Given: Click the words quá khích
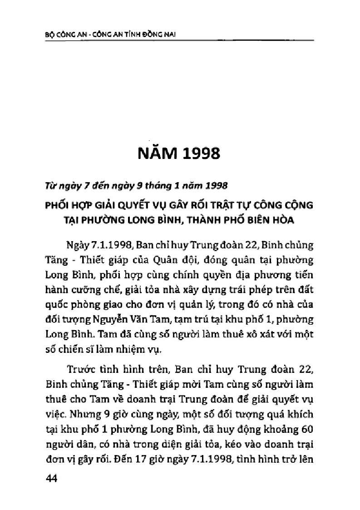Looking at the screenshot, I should (288, 413).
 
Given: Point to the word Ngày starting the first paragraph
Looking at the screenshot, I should (77, 246).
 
